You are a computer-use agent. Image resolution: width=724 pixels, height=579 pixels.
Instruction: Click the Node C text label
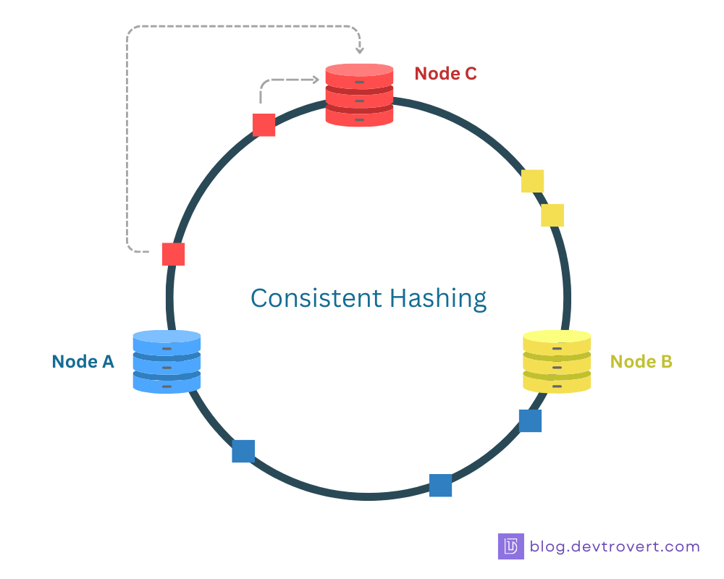(445, 73)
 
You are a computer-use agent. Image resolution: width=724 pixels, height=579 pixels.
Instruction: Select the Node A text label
(83, 361)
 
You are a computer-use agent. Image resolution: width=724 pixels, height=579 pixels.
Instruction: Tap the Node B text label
(641, 361)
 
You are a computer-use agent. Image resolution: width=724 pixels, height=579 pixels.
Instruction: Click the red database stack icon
(359, 95)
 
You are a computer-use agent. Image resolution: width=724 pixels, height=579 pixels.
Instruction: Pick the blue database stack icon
(167, 361)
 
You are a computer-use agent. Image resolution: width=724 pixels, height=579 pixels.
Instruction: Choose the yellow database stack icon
(556, 361)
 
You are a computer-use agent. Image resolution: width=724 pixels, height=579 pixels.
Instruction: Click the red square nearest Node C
(264, 124)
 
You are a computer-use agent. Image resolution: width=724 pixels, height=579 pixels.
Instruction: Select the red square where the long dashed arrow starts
(173, 254)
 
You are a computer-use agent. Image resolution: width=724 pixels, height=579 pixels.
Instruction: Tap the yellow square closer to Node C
(532, 181)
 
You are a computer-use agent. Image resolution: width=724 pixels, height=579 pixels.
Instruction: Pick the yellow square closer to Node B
(552, 215)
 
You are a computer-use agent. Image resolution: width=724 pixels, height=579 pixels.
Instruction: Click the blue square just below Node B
(530, 420)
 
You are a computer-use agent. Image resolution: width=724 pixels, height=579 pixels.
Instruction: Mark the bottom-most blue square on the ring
(440, 485)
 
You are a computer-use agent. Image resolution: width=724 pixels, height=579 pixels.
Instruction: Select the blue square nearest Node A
(243, 451)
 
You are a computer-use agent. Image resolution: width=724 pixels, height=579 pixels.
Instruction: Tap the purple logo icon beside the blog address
(510, 546)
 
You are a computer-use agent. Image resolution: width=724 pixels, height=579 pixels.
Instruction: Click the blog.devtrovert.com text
(615, 546)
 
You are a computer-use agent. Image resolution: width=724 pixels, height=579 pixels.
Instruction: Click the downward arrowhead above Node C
(360, 51)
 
